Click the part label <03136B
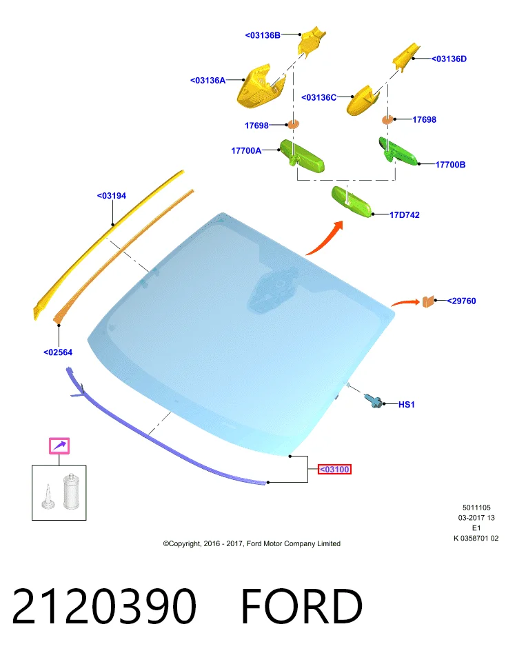pos(263,35)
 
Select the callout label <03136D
pos(449,59)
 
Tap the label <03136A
pos(208,80)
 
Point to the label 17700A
pos(246,150)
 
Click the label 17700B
pos(450,165)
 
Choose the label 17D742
pos(404,215)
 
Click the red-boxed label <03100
pos(334,469)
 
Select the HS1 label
pos(407,405)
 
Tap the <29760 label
pos(461,301)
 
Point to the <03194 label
pos(112,195)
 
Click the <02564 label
pos(58,352)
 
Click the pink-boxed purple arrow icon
pos(59,446)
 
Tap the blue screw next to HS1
pos(374,400)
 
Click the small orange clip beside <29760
pos(428,301)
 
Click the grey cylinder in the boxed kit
pos(71,491)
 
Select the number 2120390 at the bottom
pos(104,606)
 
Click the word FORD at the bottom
pos(301,606)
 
